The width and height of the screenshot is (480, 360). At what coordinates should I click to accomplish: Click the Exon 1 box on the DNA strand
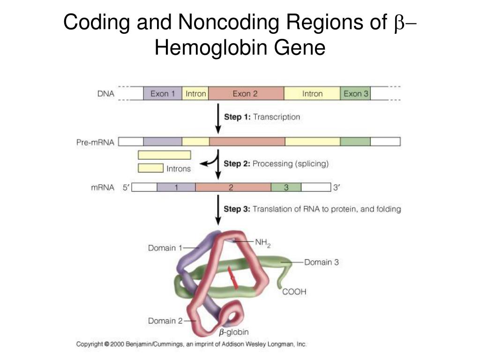[162, 94]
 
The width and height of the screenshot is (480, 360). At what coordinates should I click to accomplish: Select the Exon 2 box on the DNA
[246, 94]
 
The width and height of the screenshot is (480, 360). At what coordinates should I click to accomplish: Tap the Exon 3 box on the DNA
[356, 94]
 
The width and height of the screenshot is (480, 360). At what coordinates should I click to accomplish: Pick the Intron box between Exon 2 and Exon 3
[312, 94]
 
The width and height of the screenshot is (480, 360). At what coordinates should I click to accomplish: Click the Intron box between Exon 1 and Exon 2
[195, 94]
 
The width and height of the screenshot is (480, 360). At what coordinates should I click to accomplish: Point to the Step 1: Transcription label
[262, 117]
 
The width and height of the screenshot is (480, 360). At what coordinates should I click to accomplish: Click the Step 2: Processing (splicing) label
[276, 164]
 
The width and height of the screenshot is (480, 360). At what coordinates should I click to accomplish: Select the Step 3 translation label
[312, 209]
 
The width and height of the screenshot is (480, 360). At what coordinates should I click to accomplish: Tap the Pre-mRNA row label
[95, 142]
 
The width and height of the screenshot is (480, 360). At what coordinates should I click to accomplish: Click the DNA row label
[105, 94]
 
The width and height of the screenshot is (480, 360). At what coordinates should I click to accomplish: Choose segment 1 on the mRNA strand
[176, 187]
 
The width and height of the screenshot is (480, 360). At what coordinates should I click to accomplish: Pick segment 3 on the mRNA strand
[285, 187]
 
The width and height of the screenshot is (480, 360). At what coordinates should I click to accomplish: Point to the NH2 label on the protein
[263, 243]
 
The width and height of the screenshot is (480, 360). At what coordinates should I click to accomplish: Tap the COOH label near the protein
[294, 292]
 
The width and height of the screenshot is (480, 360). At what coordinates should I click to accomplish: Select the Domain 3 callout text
[322, 262]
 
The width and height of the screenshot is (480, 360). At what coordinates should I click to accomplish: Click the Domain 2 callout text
[165, 321]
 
